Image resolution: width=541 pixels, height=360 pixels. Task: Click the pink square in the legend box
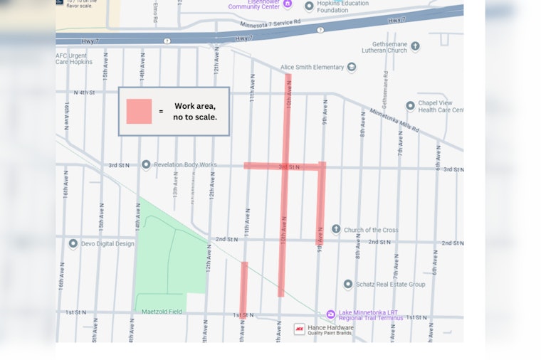click(139, 111)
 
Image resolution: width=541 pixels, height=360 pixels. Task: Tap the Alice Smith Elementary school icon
click(351, 68)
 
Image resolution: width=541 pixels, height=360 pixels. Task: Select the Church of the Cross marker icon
click(336, 229)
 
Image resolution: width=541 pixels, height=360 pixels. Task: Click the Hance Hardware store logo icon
click(300, 329)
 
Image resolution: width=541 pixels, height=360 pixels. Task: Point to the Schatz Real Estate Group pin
click(347, 284)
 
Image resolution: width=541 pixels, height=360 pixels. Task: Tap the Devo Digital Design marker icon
click(73, 243)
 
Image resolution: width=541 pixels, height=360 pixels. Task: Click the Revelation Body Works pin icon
click(146, 164)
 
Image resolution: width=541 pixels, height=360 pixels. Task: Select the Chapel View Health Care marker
click(410, 105)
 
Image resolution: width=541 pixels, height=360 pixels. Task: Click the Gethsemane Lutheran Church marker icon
click(415, 46)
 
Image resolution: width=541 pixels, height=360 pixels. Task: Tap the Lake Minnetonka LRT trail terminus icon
click(330, 314)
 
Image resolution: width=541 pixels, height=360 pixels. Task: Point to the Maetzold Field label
click(162, 312)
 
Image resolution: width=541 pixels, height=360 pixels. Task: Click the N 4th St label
click(85, 92)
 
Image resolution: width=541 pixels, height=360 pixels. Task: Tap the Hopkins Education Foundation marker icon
click(309, 6)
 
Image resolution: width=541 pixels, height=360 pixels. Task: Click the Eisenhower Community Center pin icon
click(287, 4)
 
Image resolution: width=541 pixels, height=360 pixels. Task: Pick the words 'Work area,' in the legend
click(194, 106)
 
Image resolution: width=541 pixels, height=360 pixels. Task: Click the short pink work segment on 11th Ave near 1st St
click(243, 288)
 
